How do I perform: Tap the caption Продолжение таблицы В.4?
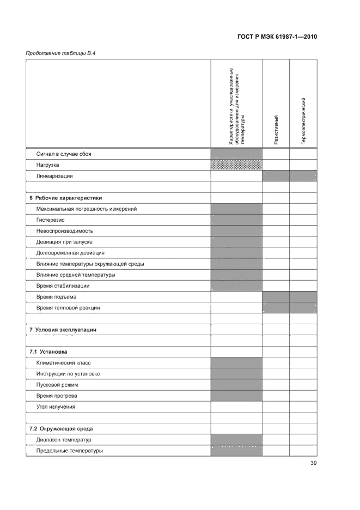click(57, 53)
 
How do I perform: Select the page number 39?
click(313, 463)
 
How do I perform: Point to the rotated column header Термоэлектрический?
click(303, 120)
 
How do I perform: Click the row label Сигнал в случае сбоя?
click(64, 154)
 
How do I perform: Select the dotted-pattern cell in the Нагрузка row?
click(236, 165)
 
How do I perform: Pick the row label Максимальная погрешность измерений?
click(87, 209)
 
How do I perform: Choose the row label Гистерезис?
click(51, 220)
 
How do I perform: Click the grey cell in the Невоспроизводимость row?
click(236, 230)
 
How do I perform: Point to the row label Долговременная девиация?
click(70, 253)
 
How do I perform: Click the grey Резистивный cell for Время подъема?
click(276, 297)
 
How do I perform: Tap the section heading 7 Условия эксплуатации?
click(63, 330)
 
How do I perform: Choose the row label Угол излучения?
click(56, 406)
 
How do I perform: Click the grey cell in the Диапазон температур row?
click(236, 440)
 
